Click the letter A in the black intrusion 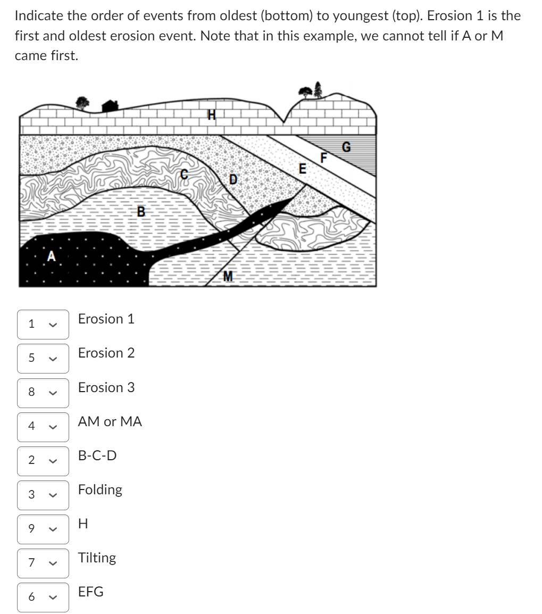[52, 256]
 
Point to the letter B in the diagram [141, 211]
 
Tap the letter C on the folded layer [184, 173]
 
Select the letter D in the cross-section [233, 179]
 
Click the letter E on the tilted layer [303, 169]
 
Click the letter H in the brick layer [211, 114]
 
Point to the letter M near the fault [228, 276]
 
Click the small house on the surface [110, 106]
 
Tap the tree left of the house [82, 102]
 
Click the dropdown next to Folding [43, 495]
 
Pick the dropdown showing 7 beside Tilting [43, 563]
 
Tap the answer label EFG [91, 592]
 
